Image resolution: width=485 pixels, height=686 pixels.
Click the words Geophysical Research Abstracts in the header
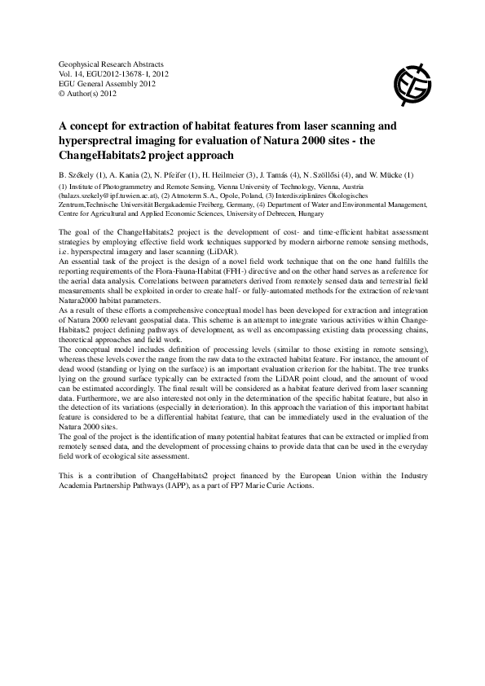(112, 64)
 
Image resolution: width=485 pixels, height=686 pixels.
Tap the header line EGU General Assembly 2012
(107, 83)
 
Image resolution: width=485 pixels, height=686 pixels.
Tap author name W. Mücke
(396, 175)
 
